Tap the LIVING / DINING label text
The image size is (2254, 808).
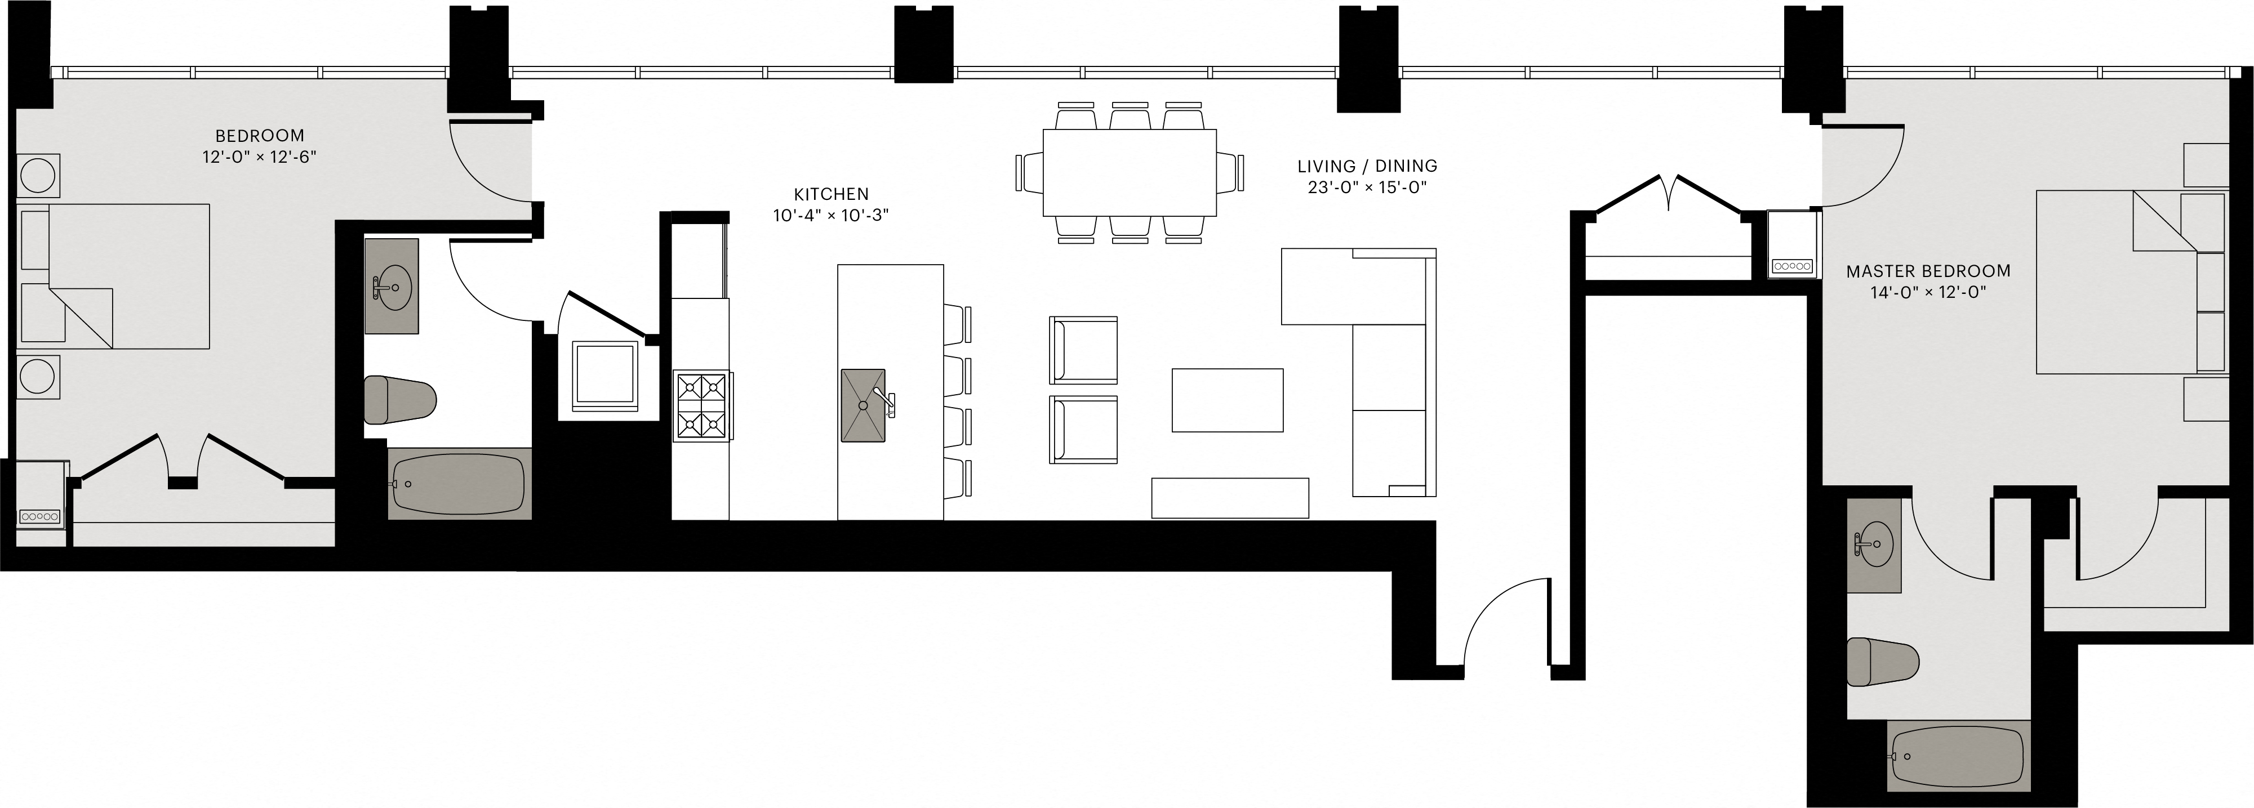pyautogui.click(x=1367, y=166)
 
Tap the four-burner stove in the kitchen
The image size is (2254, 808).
pyautogui.click(x=703, y=406)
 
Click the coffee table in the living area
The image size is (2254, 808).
pyautogui.click(x=1227, y=400)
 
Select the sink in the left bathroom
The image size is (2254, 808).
pyautogui.click(x=390, y=287)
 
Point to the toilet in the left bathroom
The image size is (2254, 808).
pyautogui.click(x=399, y=400)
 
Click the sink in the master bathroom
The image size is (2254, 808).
pyautogui.click(x=1873, y=545)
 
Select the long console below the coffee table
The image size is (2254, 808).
pyautogui.click(x=1229, y=498)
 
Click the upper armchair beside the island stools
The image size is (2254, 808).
pyautogui.click(x=1083, y=350)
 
